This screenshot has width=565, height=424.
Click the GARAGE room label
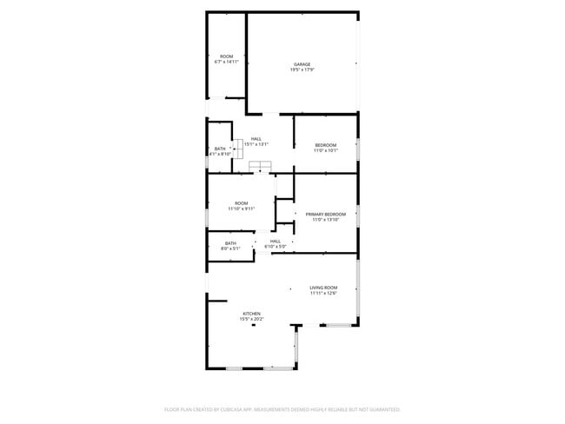[302, 64]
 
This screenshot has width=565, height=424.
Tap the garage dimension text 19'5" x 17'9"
[302, 70]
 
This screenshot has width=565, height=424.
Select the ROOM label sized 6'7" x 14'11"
[226, 56]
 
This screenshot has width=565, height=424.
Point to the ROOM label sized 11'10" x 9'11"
[241, 203]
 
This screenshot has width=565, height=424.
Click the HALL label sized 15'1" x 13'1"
[256, 139]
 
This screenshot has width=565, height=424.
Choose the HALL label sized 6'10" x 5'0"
[275, 242]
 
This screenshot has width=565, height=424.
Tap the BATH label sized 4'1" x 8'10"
[220, 149]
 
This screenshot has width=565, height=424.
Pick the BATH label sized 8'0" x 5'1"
[230, 243]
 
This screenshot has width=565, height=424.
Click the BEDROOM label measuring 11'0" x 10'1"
[325, 144]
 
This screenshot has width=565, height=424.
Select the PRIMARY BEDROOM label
[325, 214]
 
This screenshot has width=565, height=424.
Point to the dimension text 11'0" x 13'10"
[325, 219]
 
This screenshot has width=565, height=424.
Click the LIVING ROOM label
[323, 288]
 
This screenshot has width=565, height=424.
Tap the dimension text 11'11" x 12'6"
[323, 293]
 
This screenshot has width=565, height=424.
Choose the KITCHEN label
[251, 314]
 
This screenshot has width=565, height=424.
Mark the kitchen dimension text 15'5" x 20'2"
[251, 319]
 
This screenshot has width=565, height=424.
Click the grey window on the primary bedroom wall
[358, 215]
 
